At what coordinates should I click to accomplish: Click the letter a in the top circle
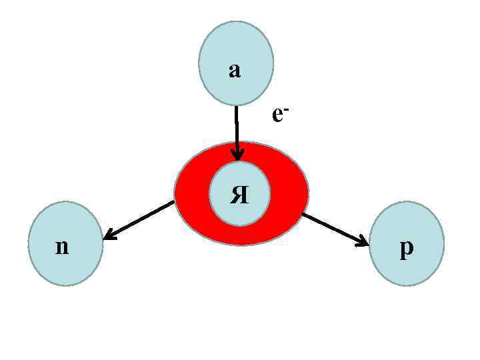click(x=234, y=70)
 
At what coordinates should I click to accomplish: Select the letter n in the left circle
click(x=62, y=247)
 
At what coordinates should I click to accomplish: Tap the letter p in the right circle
click(x=406, y=248)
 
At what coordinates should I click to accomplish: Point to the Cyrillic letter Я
click(x=239, y=195)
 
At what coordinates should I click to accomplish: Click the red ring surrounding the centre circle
click(x=287, y=193)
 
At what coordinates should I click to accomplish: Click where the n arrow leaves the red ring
click(x=174, y=202)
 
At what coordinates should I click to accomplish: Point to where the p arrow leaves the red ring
click(x=303, y=215)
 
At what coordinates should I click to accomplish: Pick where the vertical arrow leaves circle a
click(x=236, y=105)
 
